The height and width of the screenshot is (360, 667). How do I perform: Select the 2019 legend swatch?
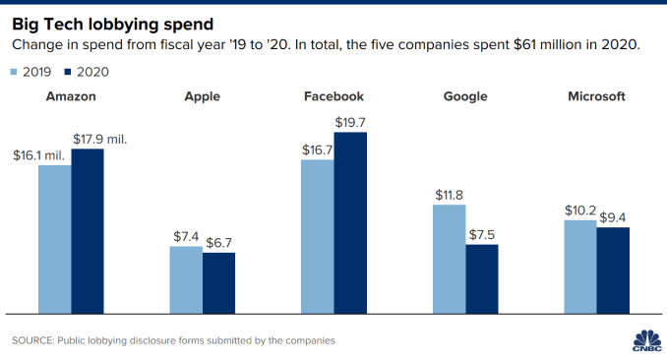pos(16,72)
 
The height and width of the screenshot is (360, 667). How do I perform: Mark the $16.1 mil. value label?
pos(39,155)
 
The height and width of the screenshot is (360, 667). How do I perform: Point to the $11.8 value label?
pos(449,195)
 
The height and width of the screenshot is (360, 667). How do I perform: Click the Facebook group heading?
pos(333,97)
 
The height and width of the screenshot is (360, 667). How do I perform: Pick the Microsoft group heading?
pos(596,97)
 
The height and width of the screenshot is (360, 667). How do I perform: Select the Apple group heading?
pos(202,97)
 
